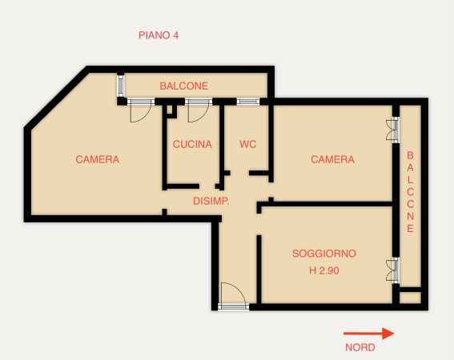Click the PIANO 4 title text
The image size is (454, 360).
click(x=159, y=35)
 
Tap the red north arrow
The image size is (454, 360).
click(x=368, y=334)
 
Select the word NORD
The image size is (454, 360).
click(x=360, y=347)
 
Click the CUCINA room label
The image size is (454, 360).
click(x=192, y=144)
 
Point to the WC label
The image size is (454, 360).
click(x=248, y=144)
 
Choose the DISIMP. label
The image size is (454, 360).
click(x=211, y=201)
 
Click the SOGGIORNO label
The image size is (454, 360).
click(x=324, y=254)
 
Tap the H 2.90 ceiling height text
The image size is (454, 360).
click(x=324, y=270)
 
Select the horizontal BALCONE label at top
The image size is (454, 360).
click(x=184, y=86)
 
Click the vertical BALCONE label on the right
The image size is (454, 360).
click(x=410, y=192)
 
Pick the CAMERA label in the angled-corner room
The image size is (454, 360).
click(x=98, y=159)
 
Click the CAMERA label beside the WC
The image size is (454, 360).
click(x=332, y=159)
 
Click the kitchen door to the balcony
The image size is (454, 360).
click(x=199, y=110)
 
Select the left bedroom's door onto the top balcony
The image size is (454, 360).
click(x=141, y=110)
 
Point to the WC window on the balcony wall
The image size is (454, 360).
click(x=248, y=102)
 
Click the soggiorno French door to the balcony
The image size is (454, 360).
click(x=393, y=270)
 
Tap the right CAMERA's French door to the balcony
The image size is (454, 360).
click(x=393, y=130)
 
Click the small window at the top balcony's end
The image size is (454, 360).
click(x=120, y=86)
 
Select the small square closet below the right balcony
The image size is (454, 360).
click(x=410, y=298)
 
